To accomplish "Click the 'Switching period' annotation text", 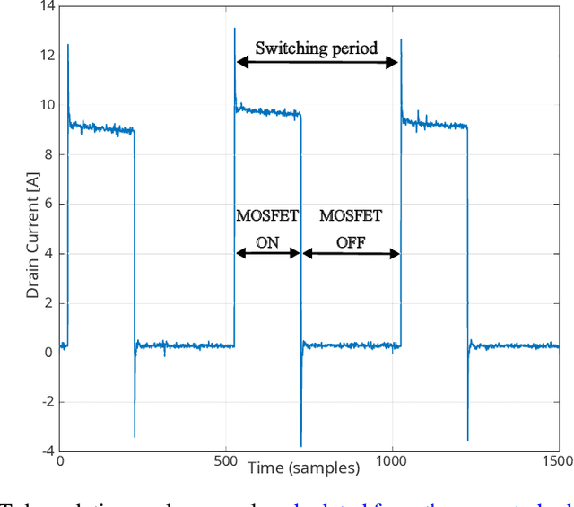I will tap(317, 48).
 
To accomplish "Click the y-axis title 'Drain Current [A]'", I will tap(32, 227).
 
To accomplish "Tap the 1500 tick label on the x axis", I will tap(558, 461).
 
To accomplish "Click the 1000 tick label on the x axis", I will tap(392, 461).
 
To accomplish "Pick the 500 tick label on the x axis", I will tap(226, 461).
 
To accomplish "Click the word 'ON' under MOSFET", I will tap(267, 241).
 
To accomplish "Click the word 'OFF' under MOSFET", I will tap(351, 241).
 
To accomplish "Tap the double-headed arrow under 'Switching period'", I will tap(317, 62).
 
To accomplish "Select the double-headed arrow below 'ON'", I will tap(267, 254).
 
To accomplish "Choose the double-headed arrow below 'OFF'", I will tap(351, 254).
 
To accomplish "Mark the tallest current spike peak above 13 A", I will tap(235, 28).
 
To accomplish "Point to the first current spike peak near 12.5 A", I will tap(68, 44).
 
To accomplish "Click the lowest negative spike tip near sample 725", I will tap(301, 446).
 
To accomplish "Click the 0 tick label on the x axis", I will tap(60, 461).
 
